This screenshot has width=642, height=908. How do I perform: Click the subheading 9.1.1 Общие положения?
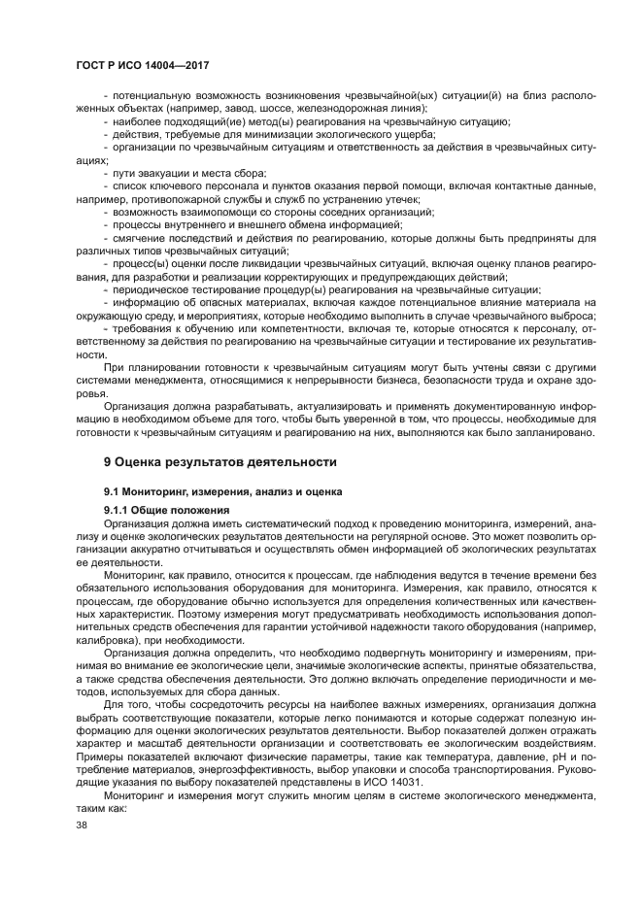click(166, 510)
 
